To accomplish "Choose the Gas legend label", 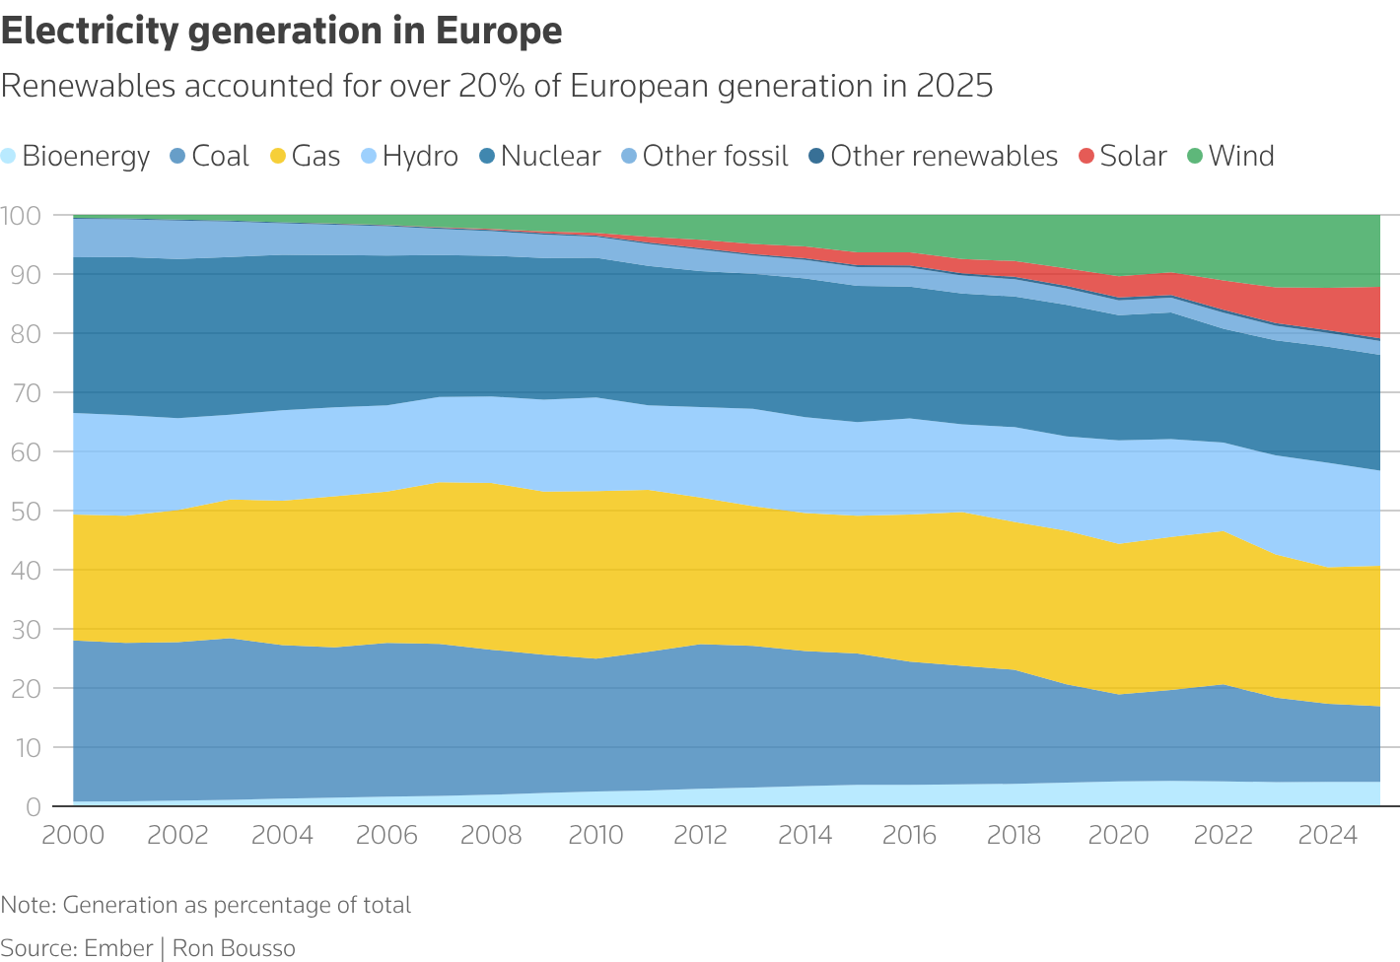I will click(x=315, y=157).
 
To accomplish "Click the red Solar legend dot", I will click(x=1085, y=157).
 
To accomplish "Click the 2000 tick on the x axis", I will click(x=73, y=836).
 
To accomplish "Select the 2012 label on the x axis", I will click(x=701, y=836).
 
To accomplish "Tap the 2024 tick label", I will click(x=1328, y=836).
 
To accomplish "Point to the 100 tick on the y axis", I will click(x=21, y=215).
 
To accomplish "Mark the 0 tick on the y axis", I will click(x=33, y=807).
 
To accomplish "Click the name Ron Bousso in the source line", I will click(x=234, y=948).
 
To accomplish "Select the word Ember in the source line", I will click(x=118, y=948).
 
